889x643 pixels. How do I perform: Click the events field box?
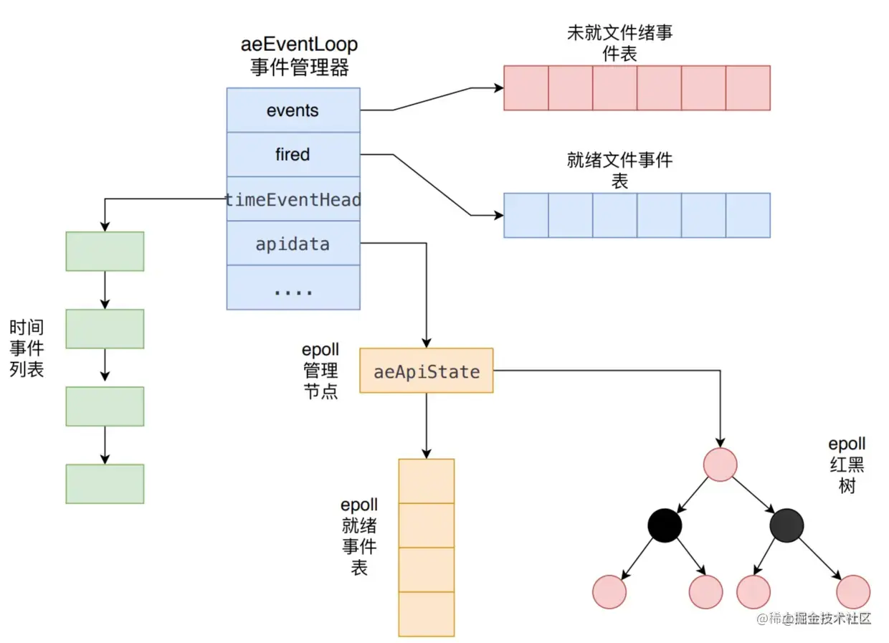[293, 110]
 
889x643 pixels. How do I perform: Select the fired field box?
[293, 154]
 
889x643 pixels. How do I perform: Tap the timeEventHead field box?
[293, 199]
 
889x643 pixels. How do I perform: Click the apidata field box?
[293, 243]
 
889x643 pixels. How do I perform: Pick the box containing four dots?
[293, 287]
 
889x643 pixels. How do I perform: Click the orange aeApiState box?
[427, 371]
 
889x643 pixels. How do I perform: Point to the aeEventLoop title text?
[299, 44]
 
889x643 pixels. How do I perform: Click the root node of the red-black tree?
[720, 465]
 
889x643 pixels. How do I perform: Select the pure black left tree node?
[665, 525]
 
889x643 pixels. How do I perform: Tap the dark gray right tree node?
[786, 525]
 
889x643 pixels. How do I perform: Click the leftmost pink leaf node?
[609, 592]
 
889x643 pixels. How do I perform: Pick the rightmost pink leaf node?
[853, 592]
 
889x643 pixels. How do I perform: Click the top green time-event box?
[105, 251]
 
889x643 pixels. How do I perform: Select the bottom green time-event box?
[105, 484]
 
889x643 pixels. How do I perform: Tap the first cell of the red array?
[526, 87]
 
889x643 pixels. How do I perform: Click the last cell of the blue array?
[748, 215]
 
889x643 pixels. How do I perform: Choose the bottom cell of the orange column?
[427, 614]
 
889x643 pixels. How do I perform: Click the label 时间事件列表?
[27, 348]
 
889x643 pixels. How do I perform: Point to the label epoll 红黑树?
[847, 465]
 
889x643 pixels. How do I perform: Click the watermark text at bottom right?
[814, 619]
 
